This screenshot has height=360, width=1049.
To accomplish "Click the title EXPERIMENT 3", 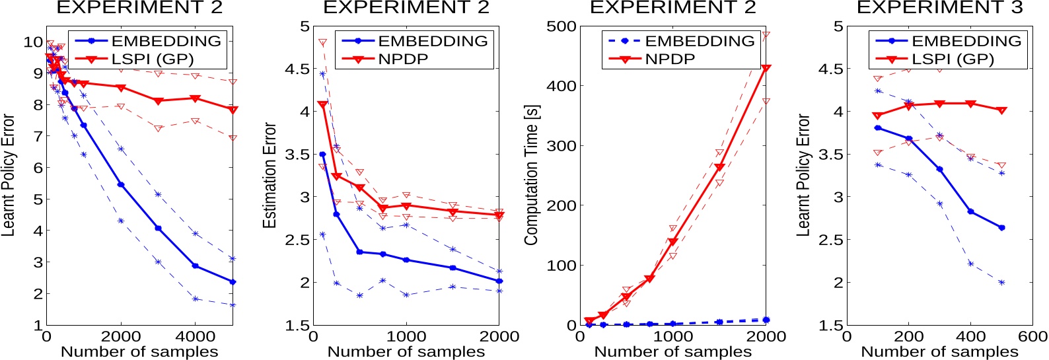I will (939, 8).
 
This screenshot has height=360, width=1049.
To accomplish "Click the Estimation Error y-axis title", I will (270, 175).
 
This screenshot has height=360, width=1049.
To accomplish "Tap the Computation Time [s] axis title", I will (531, 175).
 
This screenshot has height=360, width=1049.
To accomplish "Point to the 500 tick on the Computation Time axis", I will (561, 26).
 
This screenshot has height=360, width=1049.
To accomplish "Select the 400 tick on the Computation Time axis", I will (561, 86).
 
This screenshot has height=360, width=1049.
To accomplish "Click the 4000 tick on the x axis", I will (196, 336).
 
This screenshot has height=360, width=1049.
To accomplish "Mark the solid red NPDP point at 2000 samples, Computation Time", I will (766, 69).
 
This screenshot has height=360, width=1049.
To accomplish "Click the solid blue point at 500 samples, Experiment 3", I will (1001, 228).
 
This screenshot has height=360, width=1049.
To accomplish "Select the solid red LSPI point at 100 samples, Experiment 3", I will (877, 116).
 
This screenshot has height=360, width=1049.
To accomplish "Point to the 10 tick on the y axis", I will (33, 42).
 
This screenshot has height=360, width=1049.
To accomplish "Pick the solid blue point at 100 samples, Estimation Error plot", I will (322, 155).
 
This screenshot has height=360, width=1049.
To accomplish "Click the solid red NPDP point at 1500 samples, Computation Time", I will (719, 168).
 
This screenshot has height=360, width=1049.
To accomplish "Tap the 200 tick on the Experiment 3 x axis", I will (908, 336).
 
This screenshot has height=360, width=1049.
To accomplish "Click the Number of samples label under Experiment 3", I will (939, 352).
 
